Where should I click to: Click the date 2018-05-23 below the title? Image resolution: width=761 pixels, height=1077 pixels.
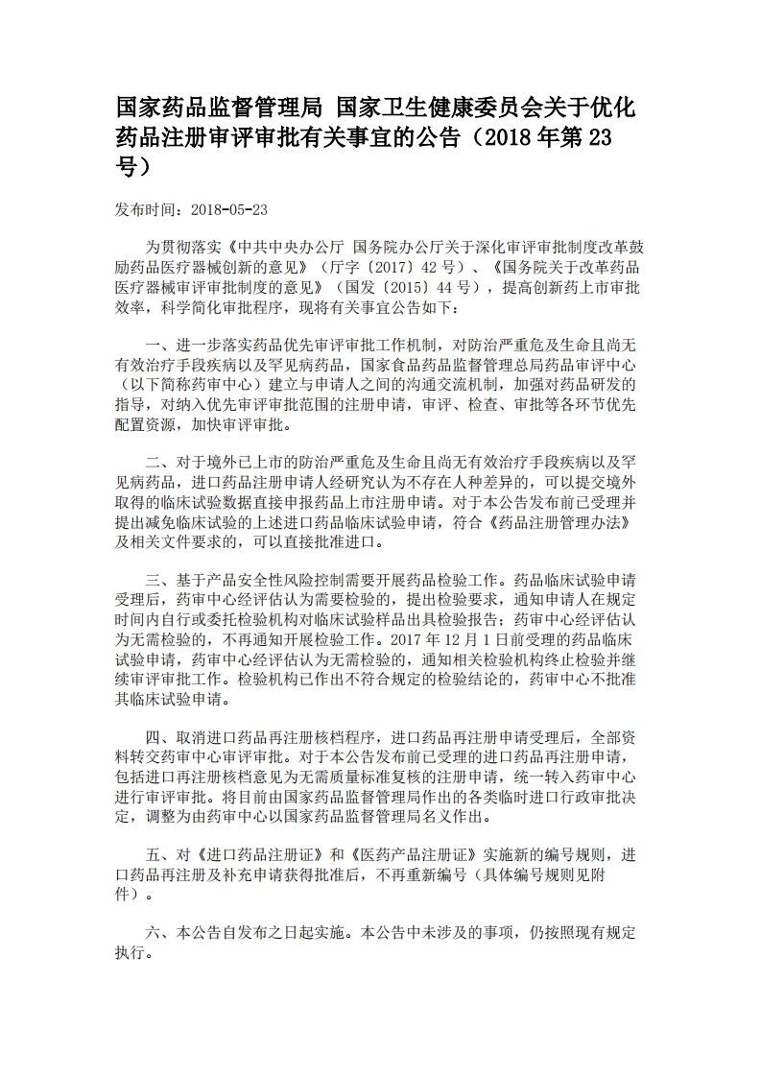click(x=229, y=209)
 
